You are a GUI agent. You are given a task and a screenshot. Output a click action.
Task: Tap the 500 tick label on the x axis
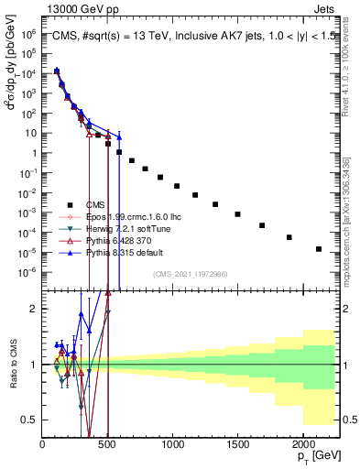click(107, 443)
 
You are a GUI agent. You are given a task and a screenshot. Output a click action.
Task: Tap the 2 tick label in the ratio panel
click(33, 309)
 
